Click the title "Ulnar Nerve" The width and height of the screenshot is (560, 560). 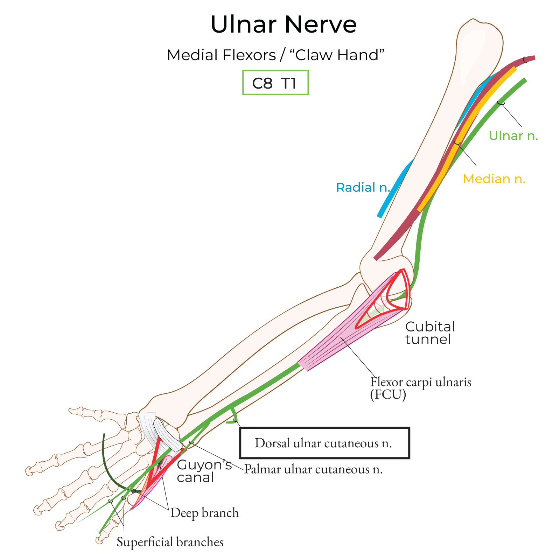[283, 24]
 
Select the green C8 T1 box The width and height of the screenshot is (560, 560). [275, 83]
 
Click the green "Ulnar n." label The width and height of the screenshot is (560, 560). [513, 136]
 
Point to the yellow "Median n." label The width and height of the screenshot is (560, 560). [494, 179]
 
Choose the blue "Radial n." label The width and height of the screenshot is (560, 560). [363, 188]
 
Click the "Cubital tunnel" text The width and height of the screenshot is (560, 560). [429, 333]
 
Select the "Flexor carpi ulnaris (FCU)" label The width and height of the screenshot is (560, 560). [420, 387]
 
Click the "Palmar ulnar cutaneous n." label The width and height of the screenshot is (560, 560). [313, 469]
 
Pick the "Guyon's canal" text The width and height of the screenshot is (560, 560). [204, 471]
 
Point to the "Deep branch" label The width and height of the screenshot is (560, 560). [204, 513]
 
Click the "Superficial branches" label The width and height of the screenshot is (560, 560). [170, 542]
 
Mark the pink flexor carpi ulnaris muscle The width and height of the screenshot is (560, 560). [336, 346]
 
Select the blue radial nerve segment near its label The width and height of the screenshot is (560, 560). [388, 196]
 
